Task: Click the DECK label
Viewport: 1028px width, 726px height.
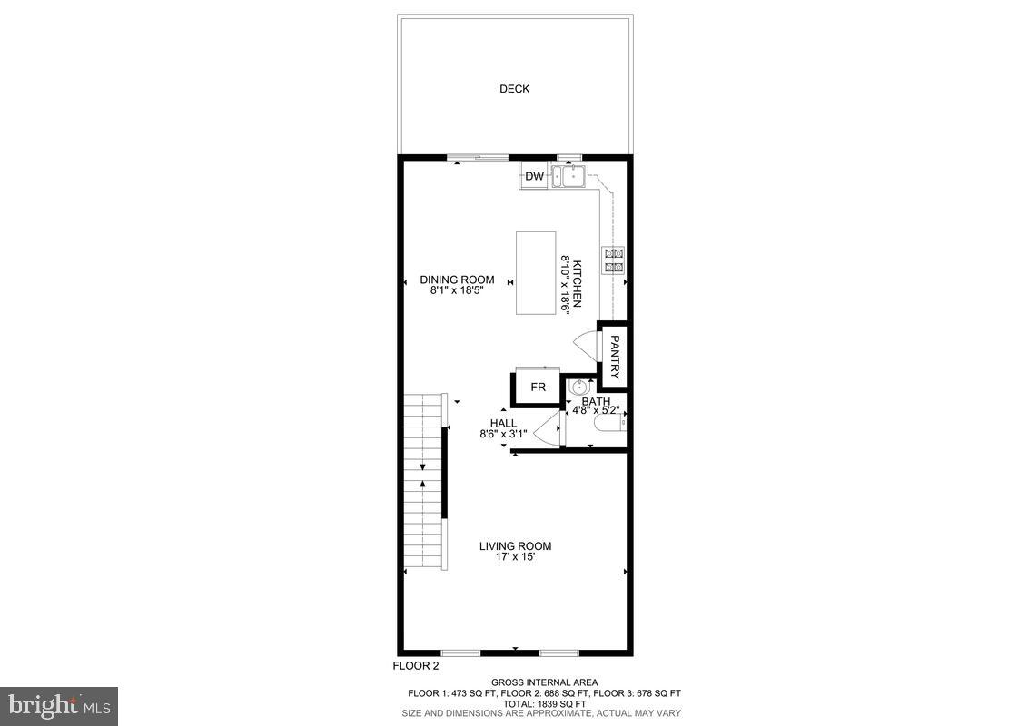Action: pos(514,89)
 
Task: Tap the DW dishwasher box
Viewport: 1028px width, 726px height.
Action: pos(534,177)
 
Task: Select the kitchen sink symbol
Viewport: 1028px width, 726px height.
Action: pos(572,176)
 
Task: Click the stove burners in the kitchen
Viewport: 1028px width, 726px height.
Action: pos(613,260)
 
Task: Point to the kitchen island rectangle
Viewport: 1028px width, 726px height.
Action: pos(536,272)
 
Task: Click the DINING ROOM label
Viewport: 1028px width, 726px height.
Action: pos(457,280)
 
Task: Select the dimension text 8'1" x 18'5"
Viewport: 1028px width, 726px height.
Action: pos(457,291)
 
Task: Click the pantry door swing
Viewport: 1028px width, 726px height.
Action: pos(585,346)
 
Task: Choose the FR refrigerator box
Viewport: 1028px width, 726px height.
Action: pos(538,388)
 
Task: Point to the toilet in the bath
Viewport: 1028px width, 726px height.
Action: pos(608,424)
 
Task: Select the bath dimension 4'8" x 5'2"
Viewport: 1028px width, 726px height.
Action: pos(596,411)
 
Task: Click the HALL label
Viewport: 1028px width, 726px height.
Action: pos(503,423)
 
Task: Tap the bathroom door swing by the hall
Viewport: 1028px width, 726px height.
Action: pos(547,430)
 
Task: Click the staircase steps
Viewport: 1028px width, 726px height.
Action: pos(423,481)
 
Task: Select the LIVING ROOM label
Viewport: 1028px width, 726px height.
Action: pos(516,546)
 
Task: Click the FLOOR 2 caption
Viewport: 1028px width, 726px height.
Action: pos(416,666)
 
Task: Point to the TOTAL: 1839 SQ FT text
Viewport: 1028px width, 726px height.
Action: pos(544,703)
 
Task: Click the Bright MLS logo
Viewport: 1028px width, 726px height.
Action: pos(59,704)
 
